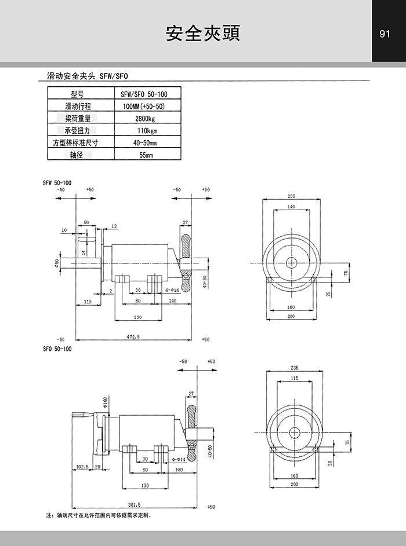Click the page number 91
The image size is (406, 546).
point(384,34)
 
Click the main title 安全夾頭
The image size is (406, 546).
point(203,34)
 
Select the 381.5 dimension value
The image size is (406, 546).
point(135,504)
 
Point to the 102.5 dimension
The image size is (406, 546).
point(82,466)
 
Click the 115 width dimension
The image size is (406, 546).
point(294,378)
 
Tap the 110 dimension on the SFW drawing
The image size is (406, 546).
point(88,302)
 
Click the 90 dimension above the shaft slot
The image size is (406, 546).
point(86,222)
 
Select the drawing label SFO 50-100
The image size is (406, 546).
point(57,349)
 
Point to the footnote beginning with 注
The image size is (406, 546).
point(98,515)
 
